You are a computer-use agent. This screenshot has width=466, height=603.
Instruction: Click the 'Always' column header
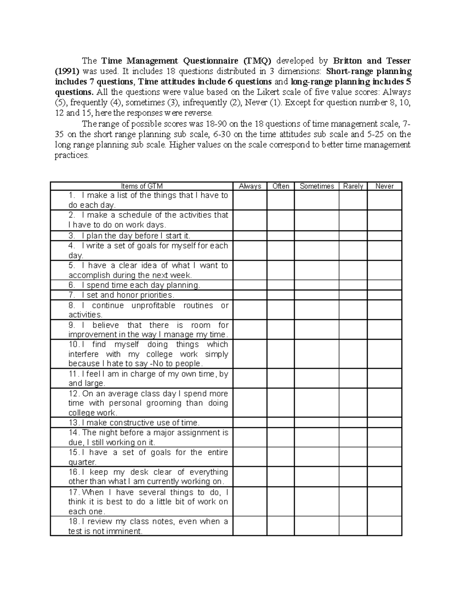point(250,186)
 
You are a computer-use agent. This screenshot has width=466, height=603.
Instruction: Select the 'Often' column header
point(280,186)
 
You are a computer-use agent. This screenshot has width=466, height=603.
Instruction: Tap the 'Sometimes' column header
point(316,186)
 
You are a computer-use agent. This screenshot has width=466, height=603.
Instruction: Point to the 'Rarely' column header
point(353,186)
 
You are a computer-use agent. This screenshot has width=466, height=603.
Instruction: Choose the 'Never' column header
point(384,186)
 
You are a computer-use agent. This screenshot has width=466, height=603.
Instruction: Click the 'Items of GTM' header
point(142,186)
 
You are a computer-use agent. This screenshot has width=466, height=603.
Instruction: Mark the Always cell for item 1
point(250,200)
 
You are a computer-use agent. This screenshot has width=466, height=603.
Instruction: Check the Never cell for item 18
point(384,526)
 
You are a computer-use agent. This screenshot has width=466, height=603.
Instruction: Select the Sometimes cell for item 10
point(316,354)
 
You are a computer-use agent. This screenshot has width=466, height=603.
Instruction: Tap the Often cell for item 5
point(280,270)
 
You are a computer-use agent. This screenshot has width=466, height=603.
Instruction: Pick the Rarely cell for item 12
point(353,403)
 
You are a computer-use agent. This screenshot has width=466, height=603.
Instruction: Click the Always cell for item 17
point(250,502)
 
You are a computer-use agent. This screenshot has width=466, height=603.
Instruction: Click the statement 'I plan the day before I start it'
point(136,236)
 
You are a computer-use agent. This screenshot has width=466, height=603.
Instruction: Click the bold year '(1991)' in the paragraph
point(66,71)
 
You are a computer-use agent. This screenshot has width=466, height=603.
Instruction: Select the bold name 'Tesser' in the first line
point(398,61)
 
